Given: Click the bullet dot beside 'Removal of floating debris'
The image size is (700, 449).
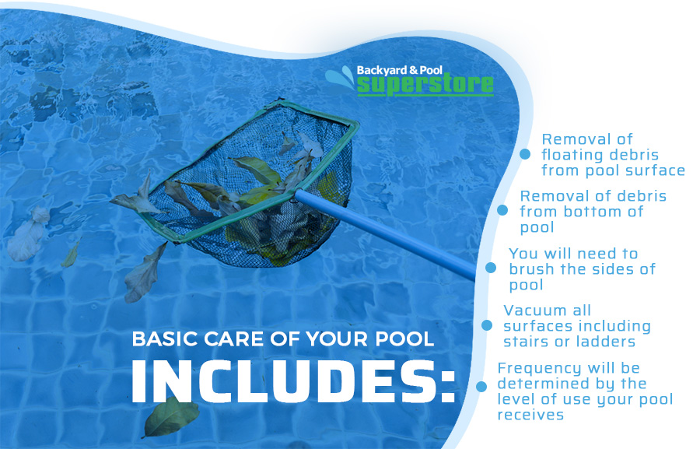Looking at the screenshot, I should (x=525, y=155).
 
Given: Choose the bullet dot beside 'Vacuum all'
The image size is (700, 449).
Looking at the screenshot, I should (x=487, y=325).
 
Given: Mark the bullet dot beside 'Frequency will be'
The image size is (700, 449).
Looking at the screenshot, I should (x=481, y=385).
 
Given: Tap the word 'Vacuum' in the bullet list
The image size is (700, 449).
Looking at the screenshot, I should (x=536, y=310).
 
